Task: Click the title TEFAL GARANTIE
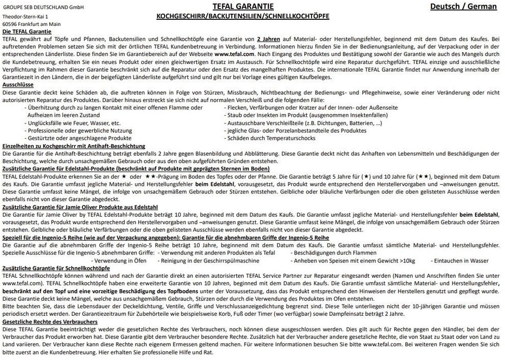pyautogui.click(x=243, y=7)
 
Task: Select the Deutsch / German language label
pyautogui.click(x=463, y=7)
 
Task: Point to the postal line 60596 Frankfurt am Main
pyautogui.click(x=31, y=23)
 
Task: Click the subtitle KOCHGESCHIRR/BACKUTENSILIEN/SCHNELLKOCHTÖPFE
pyautogui.click(x=243, y=16)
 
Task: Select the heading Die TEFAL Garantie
pyautogui.click(x=30, y=31)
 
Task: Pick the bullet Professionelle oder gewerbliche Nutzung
pyautogui.click(x=79, y=130)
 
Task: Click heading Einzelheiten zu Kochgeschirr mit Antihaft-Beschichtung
pyautogui.click(x=74, y=146)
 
